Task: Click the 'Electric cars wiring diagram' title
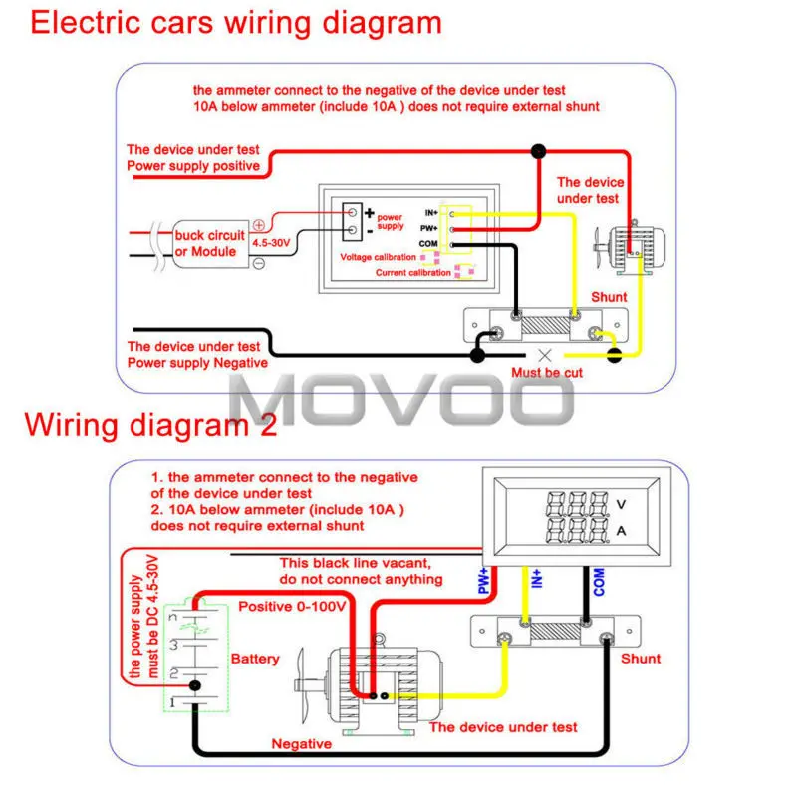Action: tap(236, 23)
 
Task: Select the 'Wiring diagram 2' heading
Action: tap(151, 425)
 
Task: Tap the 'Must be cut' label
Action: tap(547, 373)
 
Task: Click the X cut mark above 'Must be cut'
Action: tap(544, 356)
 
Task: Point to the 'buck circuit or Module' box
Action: tap(210, 244)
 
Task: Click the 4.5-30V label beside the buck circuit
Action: tap(271, 243)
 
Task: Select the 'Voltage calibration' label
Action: tap(378, 257)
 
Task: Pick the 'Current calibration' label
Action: tap(412, 272)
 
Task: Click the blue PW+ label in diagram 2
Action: tap(483, 581)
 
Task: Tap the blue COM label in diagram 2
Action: tap(599, 582)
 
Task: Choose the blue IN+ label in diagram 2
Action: tap(536, 579)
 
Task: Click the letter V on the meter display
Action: tap(621, 505)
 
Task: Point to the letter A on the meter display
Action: tap(621, 531)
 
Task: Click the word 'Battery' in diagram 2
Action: tap(255, 660)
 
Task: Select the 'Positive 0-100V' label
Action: tap(292, 607)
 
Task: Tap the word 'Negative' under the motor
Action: tap(302, 744)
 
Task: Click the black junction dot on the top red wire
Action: tap(538, 151)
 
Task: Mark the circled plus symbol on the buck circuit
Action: tap(259, 225)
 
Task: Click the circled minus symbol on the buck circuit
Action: tap(259, 263)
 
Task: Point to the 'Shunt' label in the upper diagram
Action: tap(609, 297)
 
